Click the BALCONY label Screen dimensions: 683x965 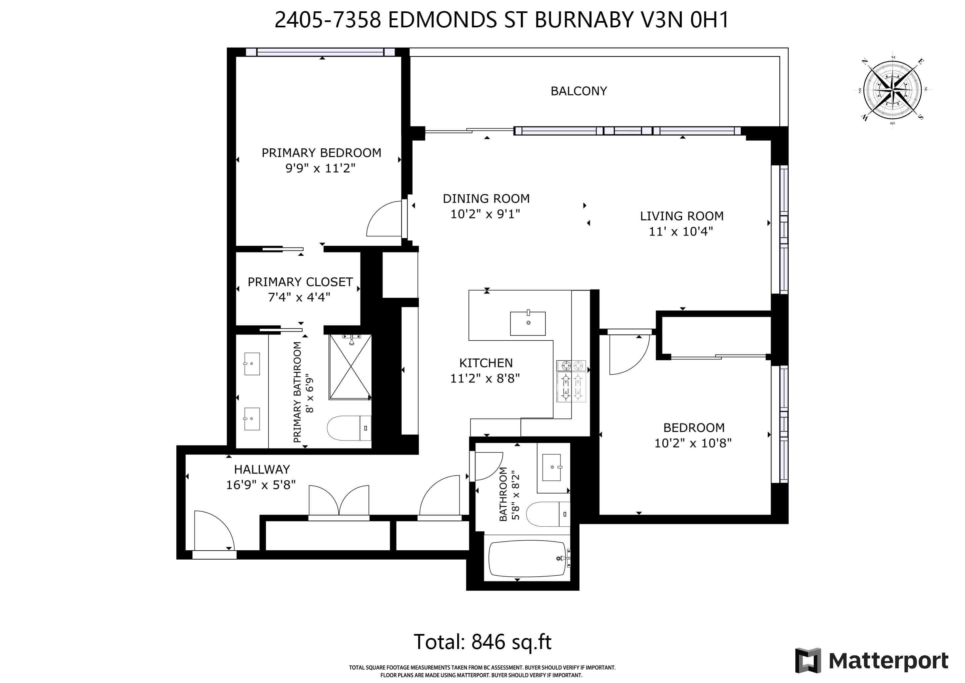tap(578, 91)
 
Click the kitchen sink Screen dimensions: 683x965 tap(527, 323)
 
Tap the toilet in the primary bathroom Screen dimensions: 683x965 tap(349, 428)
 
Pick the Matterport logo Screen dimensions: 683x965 tap(872, 661)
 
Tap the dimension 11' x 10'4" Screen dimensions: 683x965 tap(680, 232)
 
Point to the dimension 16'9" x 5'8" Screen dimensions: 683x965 tap(261, 485)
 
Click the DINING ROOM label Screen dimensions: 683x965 tap(486, 198)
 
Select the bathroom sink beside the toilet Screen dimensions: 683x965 tap(551, 467)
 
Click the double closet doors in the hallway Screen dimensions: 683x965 tap(339, 502)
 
